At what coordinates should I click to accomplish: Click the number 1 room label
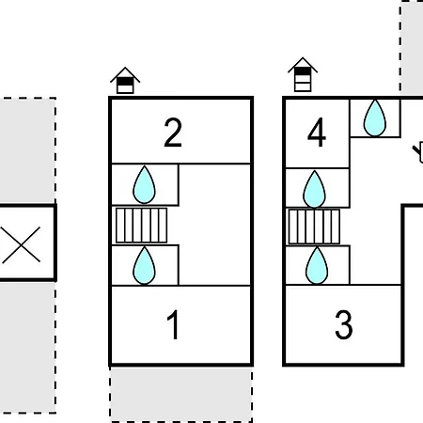(x=173, y=324)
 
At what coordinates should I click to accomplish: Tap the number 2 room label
(x=173, y=133)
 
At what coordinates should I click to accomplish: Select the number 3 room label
(x=344, y=324)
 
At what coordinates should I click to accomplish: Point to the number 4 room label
(x=317, y=133)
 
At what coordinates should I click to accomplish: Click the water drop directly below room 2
(x=144, y=185)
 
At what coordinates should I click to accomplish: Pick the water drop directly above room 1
(x=144, y=265)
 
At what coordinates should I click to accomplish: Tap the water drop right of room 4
(x=375, y=117)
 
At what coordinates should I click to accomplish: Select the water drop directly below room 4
(x=314, y=189)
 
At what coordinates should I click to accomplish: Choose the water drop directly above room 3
(x=317, y=265)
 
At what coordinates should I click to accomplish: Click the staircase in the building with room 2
(x=141, y=226)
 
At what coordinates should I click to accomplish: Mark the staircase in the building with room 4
(x=314, y=227)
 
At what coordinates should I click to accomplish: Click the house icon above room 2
(x=125, y=80)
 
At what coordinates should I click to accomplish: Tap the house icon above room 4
(x=303, y=74)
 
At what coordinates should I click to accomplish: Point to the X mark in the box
(x=21, y=244)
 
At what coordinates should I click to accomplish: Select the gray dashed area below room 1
(x=181, y=394)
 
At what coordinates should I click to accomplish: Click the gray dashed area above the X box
(x=27, y=150)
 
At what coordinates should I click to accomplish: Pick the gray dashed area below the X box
(x=27, y=347)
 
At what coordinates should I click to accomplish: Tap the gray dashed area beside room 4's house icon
(x=412, y=48)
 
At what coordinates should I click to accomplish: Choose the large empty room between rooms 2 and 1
(x=214, y=225)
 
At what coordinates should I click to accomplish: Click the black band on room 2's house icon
(x=125, y=82)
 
